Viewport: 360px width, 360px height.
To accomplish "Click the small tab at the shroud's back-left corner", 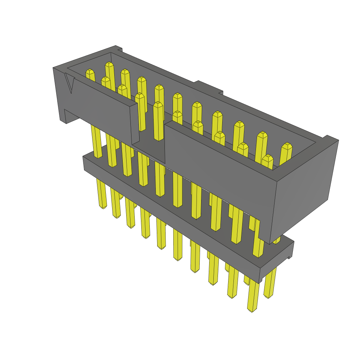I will (x=118, y=48).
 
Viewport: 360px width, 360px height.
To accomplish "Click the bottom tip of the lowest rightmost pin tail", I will (x=252, y=310).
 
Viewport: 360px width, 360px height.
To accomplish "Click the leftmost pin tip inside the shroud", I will (x=90, y=72).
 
